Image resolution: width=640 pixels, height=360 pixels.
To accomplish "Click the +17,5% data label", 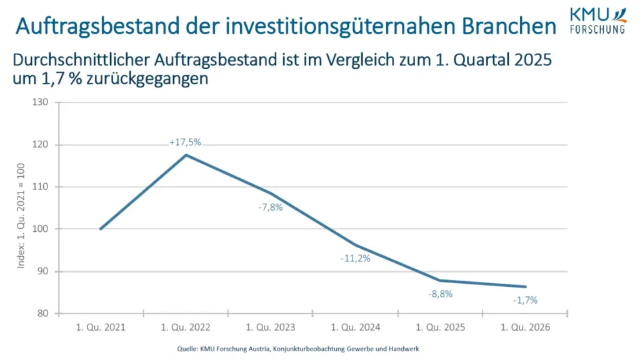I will point(185,142).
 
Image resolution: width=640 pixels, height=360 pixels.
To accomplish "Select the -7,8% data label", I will point(271,207).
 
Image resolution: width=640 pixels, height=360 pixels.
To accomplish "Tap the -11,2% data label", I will point(356,258).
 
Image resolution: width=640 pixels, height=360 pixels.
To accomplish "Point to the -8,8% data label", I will point(440,293).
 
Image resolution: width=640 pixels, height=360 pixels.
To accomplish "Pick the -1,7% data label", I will point(525,300).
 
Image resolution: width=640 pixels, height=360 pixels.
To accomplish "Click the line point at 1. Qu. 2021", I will point(100,229).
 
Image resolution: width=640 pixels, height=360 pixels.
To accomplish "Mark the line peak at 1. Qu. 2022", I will point(185,154).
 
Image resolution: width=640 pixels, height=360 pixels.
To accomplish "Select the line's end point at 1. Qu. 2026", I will point(525,287).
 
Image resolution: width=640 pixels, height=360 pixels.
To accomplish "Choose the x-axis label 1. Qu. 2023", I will point(271,326).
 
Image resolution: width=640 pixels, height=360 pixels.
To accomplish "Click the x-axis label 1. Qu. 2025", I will point(440,326).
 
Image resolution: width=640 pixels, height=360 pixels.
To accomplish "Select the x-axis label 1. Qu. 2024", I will point(356,326).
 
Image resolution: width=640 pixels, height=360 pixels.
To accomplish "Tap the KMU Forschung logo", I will point(597,20).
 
